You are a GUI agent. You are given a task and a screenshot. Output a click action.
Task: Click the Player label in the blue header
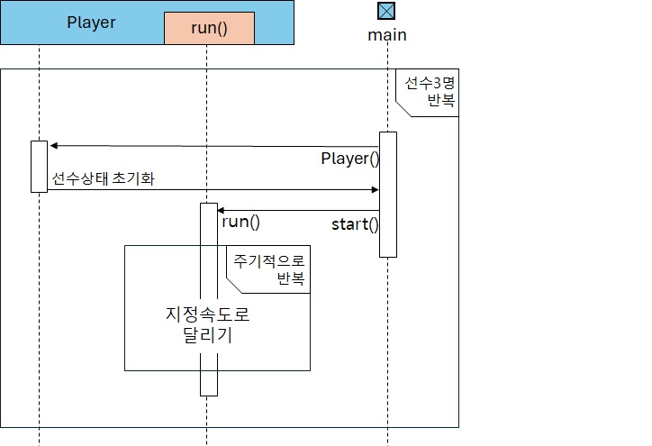click(91, 23)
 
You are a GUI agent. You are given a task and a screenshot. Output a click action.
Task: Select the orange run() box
click(209, 28)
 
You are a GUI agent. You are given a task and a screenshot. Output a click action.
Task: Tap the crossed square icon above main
click(386, 12)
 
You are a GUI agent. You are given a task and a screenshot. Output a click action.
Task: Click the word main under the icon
click(387, 35)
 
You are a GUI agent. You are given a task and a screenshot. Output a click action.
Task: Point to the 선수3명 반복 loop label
click(429, 92)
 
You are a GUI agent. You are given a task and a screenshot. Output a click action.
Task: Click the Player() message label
click(350, 159)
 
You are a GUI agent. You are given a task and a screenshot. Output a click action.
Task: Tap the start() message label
click(355, 224)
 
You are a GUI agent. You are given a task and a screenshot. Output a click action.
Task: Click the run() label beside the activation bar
click(240, 222)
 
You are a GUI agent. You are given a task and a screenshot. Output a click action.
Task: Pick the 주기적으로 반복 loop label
click(269, 269)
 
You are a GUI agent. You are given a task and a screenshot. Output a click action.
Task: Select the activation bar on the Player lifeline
click(39, 166)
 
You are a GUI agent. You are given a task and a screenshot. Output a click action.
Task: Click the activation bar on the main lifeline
click(387, 194)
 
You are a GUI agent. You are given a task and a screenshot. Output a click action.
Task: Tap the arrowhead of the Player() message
click(54, 145)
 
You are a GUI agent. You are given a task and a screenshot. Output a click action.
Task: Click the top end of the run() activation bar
click(209, 206)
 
